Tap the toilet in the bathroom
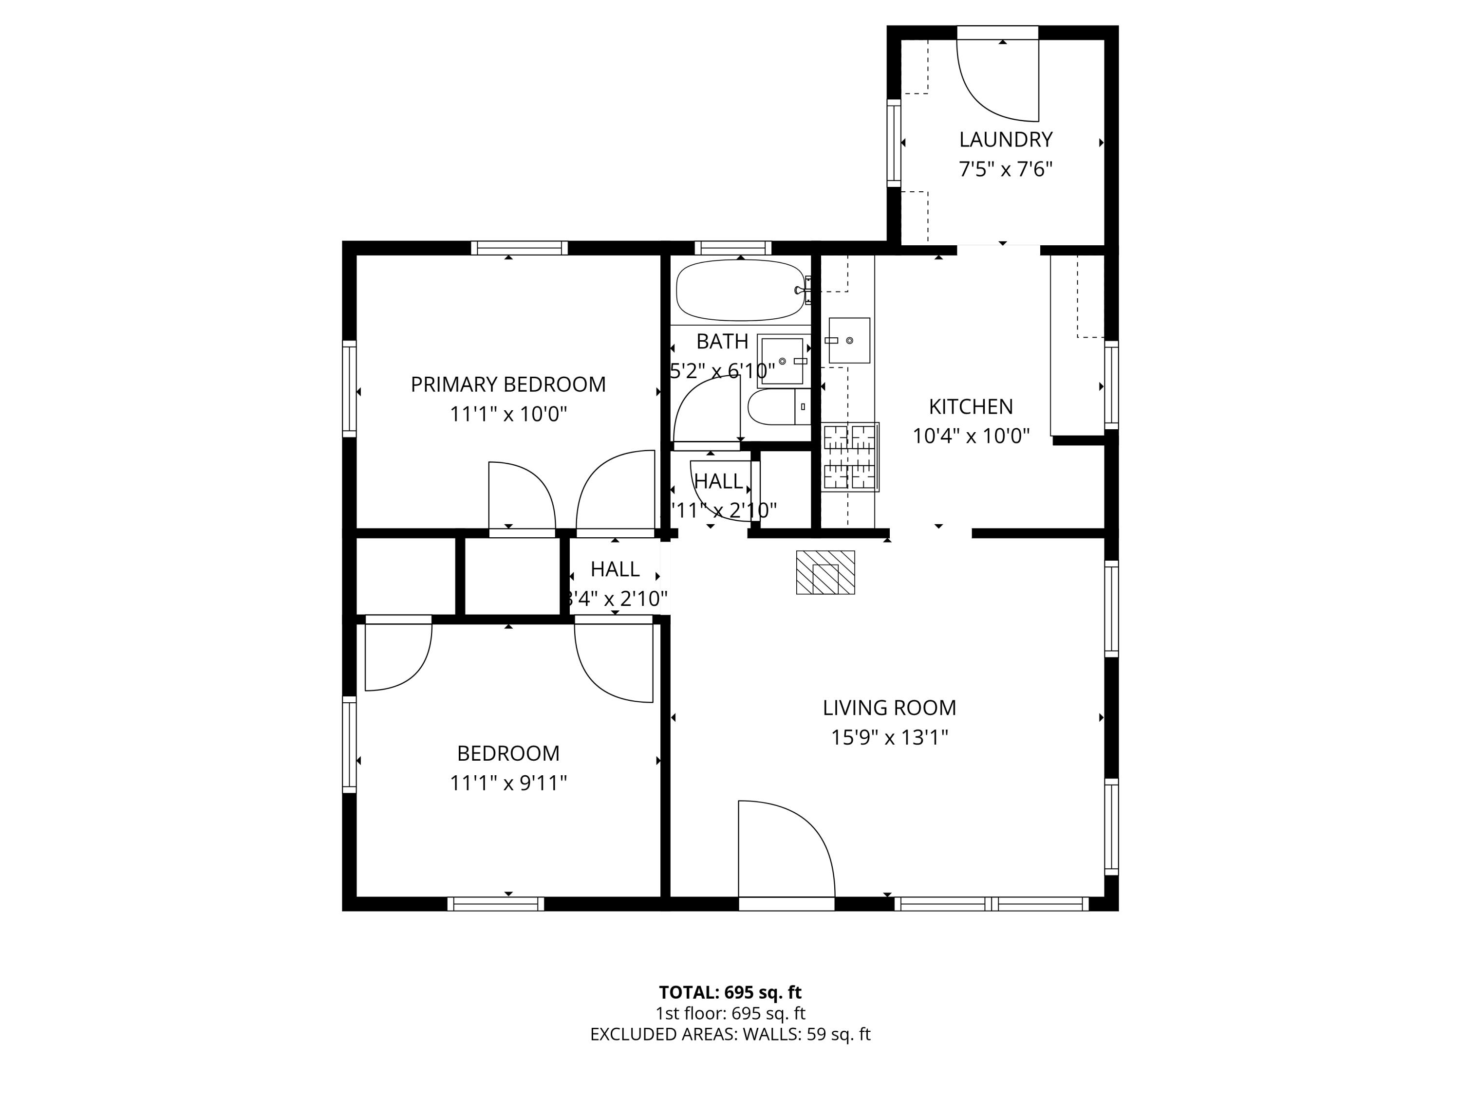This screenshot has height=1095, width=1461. pyautogui.click(x=779, y=406)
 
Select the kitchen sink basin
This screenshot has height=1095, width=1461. pyautogui.click(x=849, y=340)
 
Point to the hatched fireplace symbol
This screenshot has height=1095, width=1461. pyautogui.click(x=825, y=572)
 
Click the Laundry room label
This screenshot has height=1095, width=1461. pyautogui.click(x=1005, y=139)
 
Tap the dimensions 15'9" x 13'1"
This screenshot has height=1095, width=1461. pyautogui.click(x=889, y=737)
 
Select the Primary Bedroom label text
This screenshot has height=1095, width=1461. pyautogui.click(x=508, y=384)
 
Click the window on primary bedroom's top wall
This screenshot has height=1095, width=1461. pyautogui.click(x=519, y=248)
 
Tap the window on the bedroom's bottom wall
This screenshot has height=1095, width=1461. pyautogui.click(x=495, y=904)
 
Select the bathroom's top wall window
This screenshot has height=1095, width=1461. pyautogui.click(x=732, y=248)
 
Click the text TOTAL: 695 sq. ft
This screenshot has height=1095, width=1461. pyautogui.click(x=730, y=992)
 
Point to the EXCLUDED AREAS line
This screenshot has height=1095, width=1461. pyautogui.click(x=730, y=1034)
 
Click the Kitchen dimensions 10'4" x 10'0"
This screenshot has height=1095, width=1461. pyautogui.click(x=971, y=436)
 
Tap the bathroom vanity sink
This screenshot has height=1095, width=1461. pyautogui.click(x=783, y=361)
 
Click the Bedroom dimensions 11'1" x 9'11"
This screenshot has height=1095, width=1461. pyautogui.click(x=508, y=783)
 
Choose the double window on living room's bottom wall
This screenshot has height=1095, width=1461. pyautogui.click(x=992, y=904)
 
